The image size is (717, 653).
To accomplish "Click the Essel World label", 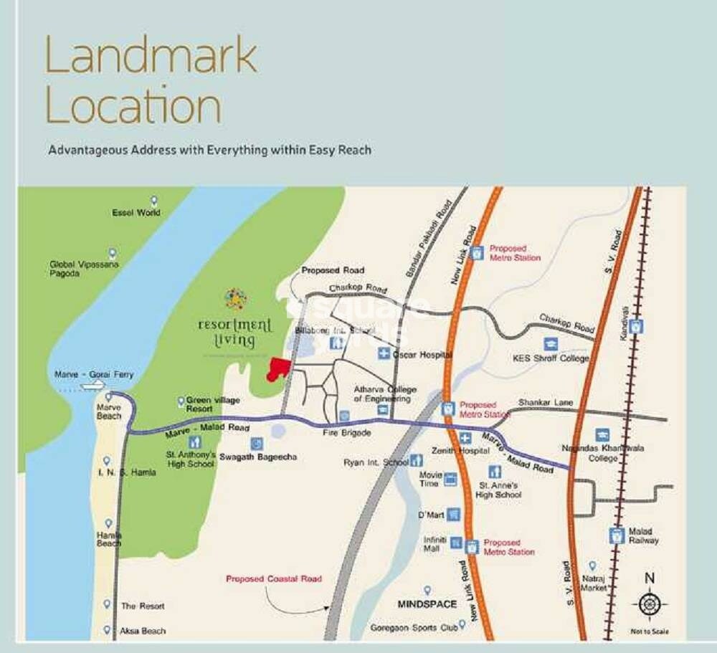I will coord(136,213).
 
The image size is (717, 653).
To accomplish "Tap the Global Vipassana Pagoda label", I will coord(84,269).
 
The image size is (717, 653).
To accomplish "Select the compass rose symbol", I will coord(649,604).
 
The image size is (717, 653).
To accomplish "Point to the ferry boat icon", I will coord(91,386).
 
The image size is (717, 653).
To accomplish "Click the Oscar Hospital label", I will coord(423,354).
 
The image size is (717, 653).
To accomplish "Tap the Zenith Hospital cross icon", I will coord(465,438).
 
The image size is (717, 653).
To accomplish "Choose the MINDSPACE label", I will coord(427,604).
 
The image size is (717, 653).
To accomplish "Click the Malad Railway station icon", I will coord(616,534).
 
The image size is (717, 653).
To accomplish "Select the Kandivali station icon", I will coord(636,326).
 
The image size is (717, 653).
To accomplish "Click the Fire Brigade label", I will coord(346,433).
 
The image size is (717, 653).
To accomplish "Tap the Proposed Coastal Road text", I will coord(274,578).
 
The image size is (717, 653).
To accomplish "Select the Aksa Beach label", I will coord(143,631).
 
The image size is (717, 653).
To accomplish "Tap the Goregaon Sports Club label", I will coord(414,628).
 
